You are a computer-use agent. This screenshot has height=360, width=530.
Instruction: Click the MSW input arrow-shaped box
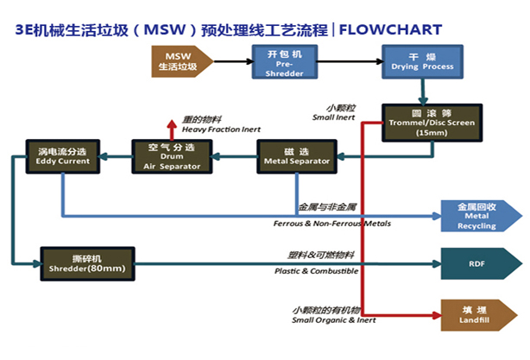point(176,61)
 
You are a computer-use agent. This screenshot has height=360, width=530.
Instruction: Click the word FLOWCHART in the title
point(394,28)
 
